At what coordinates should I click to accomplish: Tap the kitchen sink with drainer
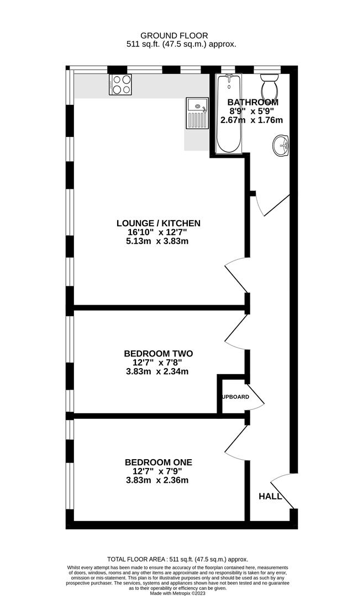(x=196, y=113)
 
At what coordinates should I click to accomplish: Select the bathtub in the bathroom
(x=228, y=114)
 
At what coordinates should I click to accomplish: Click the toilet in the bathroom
(x=270, y=86)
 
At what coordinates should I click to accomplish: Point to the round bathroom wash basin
(x=281, y=146)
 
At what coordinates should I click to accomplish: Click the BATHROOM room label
(x=253, y=102)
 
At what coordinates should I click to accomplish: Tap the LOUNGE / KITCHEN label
(x=158, y=223)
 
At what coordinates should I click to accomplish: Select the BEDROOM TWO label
(x=158, y=353)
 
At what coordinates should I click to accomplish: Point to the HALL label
(x=270, y=496)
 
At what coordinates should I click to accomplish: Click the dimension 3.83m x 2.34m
(x=158, y=371)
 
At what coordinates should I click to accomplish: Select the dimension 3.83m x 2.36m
(x=158, y=480)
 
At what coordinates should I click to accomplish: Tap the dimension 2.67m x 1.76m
(x=252, y=120)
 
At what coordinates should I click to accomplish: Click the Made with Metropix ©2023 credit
(x=181, y=592)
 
